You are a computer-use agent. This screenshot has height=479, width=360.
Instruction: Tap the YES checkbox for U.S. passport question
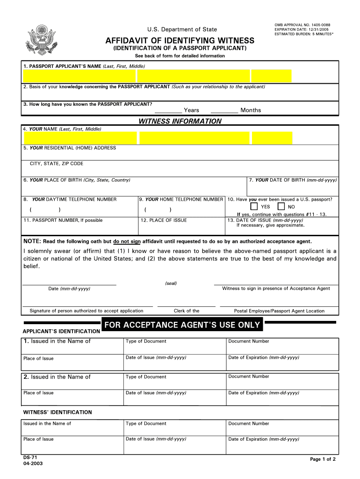pos(254,206)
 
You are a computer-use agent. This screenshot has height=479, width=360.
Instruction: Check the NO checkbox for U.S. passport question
pos(281,206)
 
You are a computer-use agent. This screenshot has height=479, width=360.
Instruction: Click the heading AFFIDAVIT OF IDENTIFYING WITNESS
pos(180,41)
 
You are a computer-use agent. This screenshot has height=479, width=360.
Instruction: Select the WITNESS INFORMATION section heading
pos(180,121)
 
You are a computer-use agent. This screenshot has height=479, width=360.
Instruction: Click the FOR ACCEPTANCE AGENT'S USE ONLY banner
pos(182,325)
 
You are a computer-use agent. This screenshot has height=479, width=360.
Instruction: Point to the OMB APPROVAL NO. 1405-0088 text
pos(302,24)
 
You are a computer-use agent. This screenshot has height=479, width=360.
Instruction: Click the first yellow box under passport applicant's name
pos(79,76)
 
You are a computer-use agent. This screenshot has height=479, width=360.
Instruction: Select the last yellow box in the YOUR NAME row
pos(272,138)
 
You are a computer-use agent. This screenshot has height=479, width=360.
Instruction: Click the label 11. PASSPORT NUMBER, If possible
pos(63,220)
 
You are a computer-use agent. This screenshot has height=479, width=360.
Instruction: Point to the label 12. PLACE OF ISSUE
pos(164,220)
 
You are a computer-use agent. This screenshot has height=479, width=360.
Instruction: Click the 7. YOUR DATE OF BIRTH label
pos(293,180)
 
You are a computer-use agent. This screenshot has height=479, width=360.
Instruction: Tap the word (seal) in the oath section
pos(171,283)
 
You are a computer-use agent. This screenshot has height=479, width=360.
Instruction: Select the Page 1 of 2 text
pos(323,459)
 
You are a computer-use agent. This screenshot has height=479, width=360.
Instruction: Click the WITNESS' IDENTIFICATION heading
pos(58,412)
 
